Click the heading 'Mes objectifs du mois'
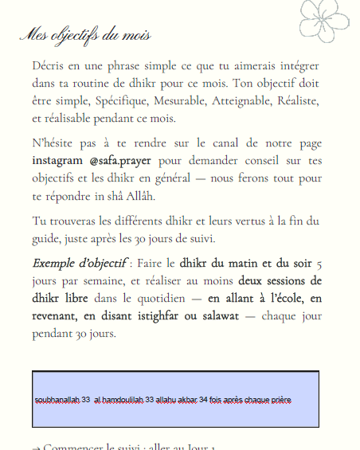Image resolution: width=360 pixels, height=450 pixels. [84, 36]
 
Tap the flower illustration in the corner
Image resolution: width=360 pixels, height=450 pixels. [327, 19]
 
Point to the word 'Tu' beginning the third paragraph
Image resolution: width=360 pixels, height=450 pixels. [39, 221]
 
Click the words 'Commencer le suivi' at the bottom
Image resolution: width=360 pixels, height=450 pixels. [87, 447]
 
